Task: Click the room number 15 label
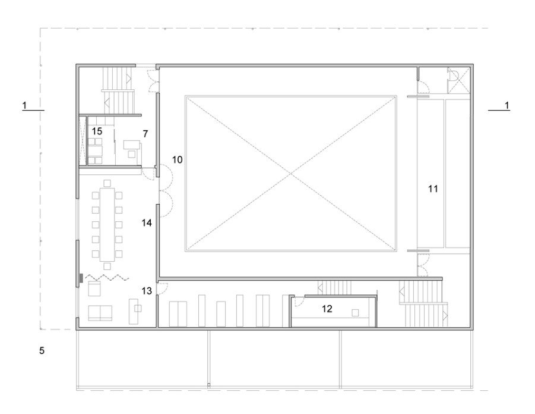point(97,131)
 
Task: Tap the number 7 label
point(145,134)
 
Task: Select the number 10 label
point(177,159)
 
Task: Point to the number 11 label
point(433,189)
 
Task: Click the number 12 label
point(327,309)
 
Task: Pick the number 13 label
point(147,291)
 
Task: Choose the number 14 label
point(147,223)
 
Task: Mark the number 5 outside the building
point(42,351)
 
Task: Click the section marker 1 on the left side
point(24,105)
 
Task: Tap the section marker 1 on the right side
point(507,105)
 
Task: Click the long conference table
point(107,224)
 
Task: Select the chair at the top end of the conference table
point(107,183)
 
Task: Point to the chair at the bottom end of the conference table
point(107,266)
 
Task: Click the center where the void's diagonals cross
point(291,174)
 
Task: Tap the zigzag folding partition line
point(107,277)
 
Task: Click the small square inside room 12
point(356,313)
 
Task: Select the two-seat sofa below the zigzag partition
point(100,313)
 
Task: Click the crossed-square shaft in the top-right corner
point(458,80)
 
